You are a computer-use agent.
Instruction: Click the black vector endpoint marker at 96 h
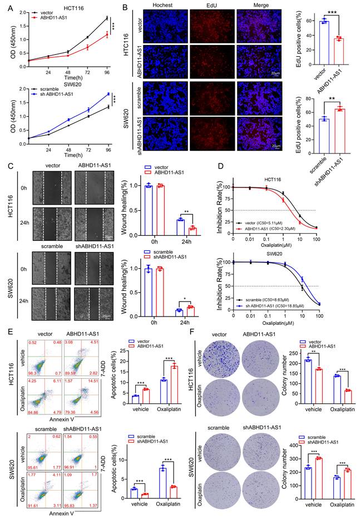tap(106, 18)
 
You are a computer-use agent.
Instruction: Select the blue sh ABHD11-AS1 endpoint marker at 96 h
tap(106, 94)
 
